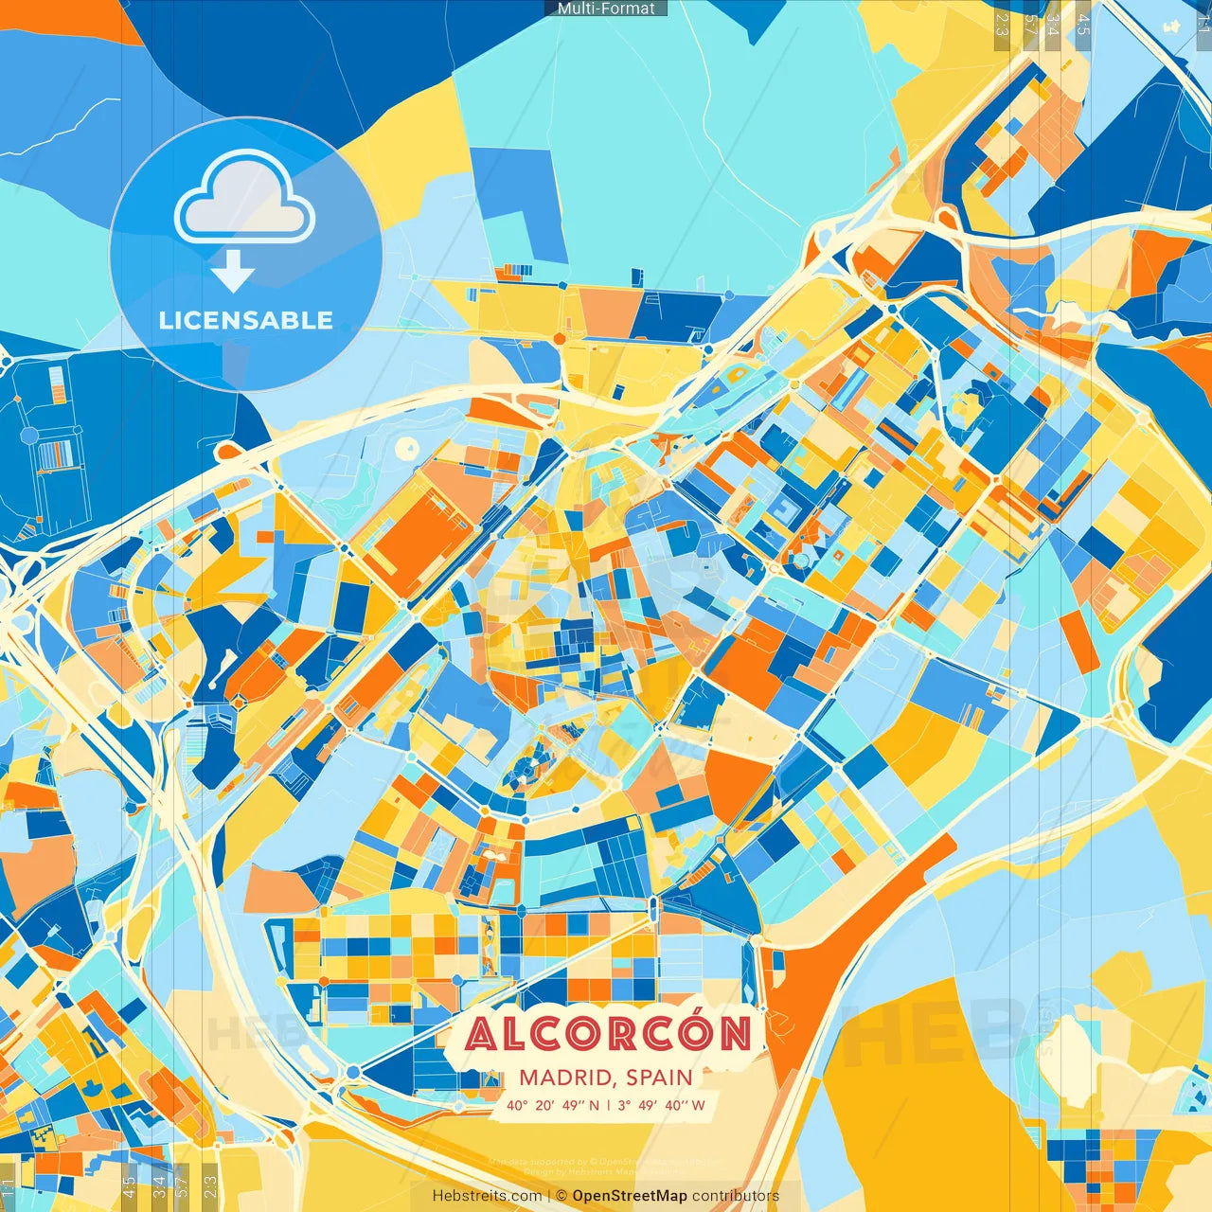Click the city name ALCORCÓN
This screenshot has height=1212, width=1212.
609,1034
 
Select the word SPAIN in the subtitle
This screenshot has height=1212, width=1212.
658,1078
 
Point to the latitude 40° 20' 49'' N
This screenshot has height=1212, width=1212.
552,1105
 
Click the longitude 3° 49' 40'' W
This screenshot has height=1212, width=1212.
661,1105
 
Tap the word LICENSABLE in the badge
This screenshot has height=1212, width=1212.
246,320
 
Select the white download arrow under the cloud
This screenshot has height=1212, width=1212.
232,273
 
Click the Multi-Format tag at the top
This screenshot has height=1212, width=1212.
606,9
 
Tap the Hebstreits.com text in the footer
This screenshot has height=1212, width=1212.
488,1196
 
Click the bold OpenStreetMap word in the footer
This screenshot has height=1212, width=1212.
630,1196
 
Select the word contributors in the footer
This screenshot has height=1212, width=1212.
736,1196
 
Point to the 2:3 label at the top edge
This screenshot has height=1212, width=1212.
1002,25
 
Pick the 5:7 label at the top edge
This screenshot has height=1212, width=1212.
1030,25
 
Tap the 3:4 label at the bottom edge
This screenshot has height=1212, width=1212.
159,1186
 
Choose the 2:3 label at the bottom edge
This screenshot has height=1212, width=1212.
210,1186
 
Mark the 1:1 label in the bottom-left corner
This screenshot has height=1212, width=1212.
9,1186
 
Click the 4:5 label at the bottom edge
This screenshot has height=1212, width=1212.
129,1186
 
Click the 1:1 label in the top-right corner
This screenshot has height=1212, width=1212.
1203,25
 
